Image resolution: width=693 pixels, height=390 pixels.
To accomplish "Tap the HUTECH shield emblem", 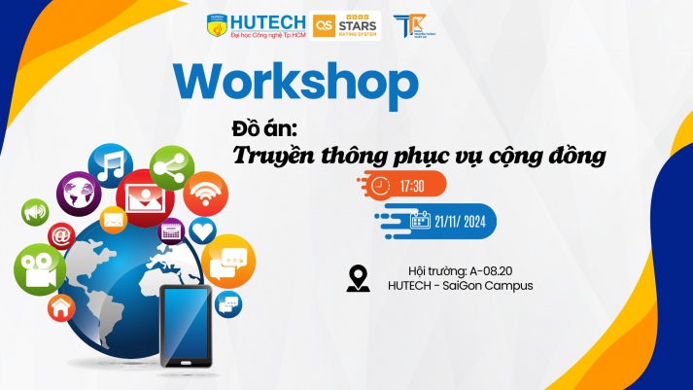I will [x=217, y=25].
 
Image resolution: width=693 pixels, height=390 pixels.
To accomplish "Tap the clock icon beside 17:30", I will [x=382, y=184].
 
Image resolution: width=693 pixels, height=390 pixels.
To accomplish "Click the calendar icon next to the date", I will [x=419, y=220].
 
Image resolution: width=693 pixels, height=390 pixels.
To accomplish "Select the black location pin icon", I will [x=359, y=278].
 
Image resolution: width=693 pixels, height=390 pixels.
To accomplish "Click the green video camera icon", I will [x=39, y=269].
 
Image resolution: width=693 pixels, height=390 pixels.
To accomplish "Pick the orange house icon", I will [x=60, y=309].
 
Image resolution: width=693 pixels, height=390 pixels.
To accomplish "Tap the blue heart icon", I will [x=202, y=230].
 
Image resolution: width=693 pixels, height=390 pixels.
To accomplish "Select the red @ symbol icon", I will [x=61, y=235].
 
